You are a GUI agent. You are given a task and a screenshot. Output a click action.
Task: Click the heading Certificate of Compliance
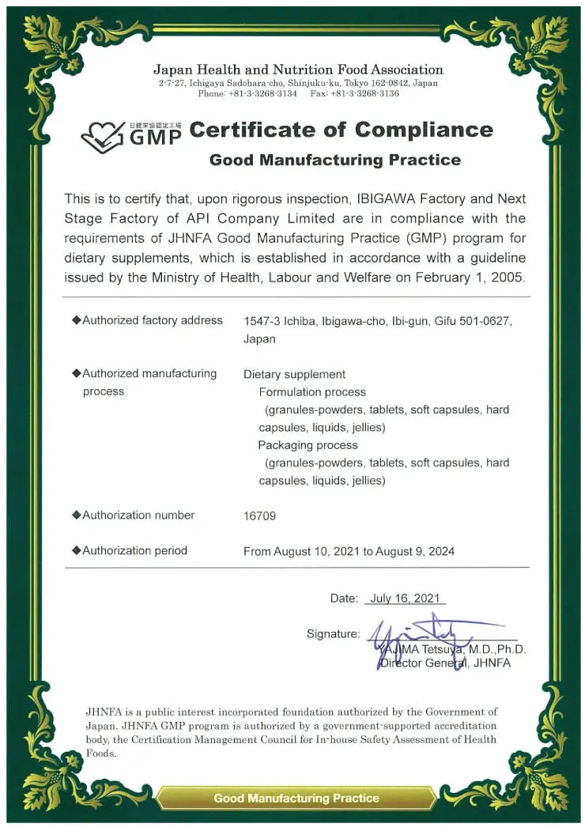(341, 130)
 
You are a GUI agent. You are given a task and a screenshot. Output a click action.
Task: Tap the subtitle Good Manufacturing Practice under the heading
(334, 160)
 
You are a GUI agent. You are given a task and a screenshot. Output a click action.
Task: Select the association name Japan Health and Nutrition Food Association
(298, 70)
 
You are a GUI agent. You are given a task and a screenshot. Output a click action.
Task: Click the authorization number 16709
(260, 515)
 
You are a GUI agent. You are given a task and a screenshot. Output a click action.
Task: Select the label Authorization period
(134, 550)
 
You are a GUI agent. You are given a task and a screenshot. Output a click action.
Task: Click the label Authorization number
(138, 515)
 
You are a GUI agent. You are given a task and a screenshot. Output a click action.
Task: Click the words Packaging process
(308, 445)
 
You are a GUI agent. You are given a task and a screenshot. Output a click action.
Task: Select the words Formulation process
(312, 392)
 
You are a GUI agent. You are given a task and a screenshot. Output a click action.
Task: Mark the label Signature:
(333, 633)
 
